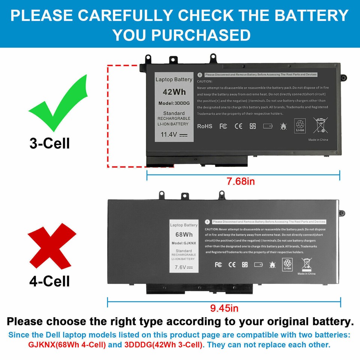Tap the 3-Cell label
[49, 143]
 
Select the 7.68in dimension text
[241, 181]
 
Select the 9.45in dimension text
[224, 308]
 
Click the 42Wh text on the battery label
[174, 92]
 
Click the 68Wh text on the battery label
[184, 234]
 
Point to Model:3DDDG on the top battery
[174, 103]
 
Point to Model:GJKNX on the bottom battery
[184, 243]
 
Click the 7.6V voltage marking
[183, 268]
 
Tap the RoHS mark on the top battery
[205, 126]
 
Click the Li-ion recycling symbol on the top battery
[300, 126]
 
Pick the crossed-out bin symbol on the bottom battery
[306, 264]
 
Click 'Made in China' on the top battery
[318, 140]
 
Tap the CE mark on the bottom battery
[232, 265]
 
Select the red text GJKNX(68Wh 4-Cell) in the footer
[67, 345]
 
